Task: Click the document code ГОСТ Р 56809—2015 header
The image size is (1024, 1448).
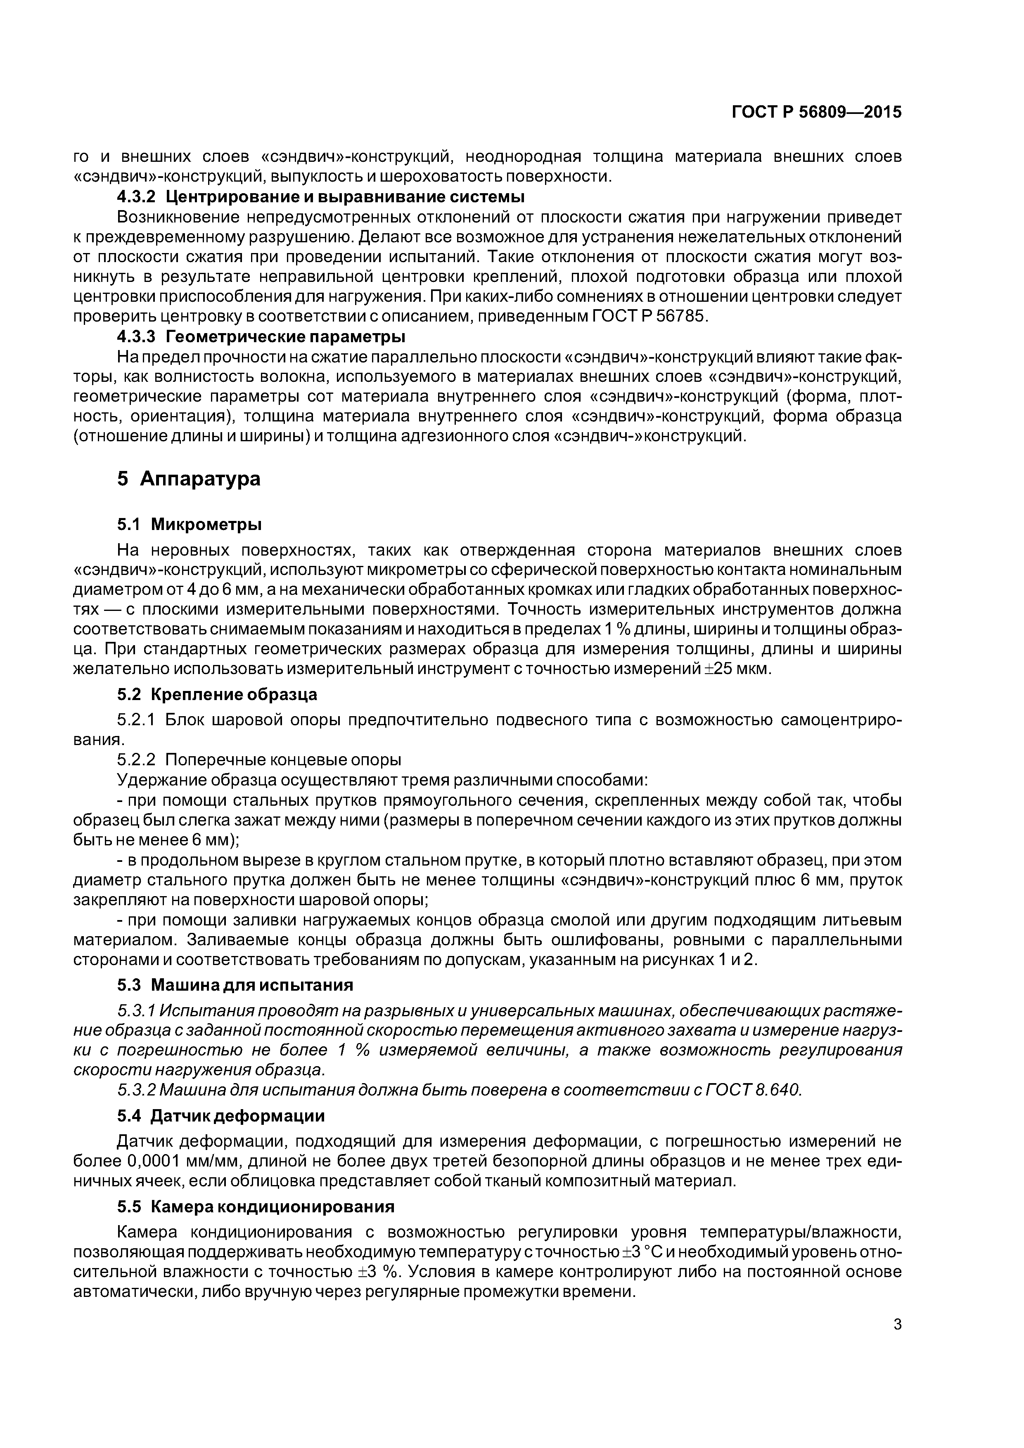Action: [x=816, y=112]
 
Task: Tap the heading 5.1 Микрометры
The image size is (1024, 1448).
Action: [x=189, y=524]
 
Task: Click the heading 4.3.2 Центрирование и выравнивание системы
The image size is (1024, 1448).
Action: [x=320, y=197]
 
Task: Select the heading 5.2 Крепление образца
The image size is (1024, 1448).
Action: [x=217, y=694]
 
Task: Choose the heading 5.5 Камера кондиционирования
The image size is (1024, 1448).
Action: [x=256, y=1207]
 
